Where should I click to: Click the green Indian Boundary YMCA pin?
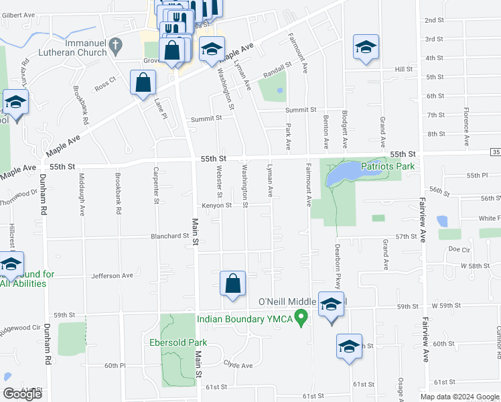click(301, 318)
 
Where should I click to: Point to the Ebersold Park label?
click(177, 342)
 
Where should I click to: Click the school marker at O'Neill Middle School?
click(331, 305)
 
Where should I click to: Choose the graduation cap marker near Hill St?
click(366, 47)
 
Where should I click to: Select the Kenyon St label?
click(215, 205)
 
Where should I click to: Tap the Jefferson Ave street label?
click(112, 275)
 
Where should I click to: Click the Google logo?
click(22, 394)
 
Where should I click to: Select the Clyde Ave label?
click(238, 365)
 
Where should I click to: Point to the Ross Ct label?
click(105, 84)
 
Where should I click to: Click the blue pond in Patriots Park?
click(342, 174)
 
